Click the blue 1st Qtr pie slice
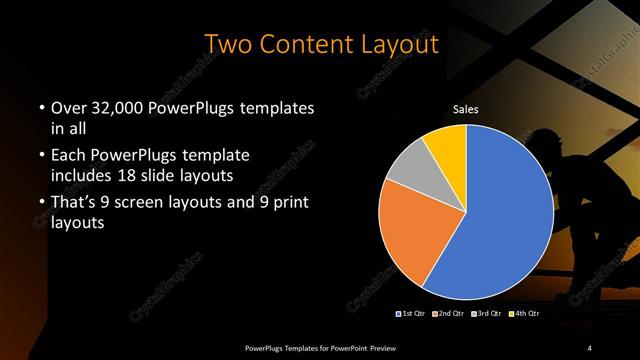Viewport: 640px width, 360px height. (500, 215)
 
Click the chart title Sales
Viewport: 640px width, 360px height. (467, 108)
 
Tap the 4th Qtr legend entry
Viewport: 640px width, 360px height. (524, 314)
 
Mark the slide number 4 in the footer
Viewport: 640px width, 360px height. (590, 347)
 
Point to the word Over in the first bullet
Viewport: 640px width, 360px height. (69, 106)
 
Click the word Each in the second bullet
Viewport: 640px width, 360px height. (69, 155)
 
